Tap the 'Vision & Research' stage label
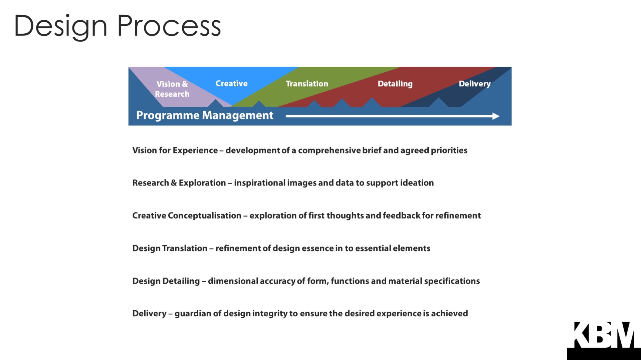(x=172, y=89)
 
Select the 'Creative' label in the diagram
(x=231, y=83)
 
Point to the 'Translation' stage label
(x=307, y=84)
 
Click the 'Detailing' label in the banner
(x=395, y=84)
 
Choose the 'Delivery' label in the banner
(x=474, y=84)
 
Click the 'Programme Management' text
(x=205, y=115)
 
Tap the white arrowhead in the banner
(x=496, y=116)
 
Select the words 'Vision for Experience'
(x=175, y=150)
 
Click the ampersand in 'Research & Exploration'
(x=174, y=183)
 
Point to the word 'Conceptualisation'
(x=204, y=216)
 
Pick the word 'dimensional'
(x=233, y=281)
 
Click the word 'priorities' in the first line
(x=449, y=150)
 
